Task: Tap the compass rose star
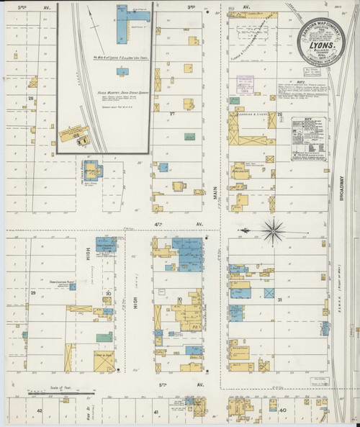tap(273, 230)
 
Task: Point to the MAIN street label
tap(214, 191)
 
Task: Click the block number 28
tap(31, 98)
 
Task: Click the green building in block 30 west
tap(104, 336)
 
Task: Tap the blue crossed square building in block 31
tap(269, 293)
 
